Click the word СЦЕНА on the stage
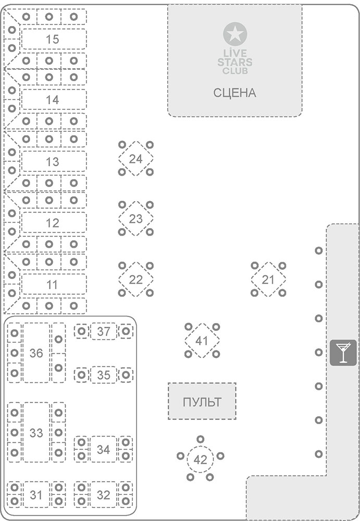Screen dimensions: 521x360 click(x=234, y=93)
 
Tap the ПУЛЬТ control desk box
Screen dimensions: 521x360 click(x=202, y=402)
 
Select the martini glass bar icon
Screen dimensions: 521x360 click(x=343, y=352)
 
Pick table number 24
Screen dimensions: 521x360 click(x=135, y=159)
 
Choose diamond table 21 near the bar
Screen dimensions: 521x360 click(x=268, y=280)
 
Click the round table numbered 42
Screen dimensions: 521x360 click(x=200, y=460)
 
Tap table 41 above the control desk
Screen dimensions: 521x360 click(x=202, y=341)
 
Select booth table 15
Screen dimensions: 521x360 click(x=53, y=39)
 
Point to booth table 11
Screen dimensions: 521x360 click(x=53, y=285)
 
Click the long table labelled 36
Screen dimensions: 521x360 click(x=36, y=353)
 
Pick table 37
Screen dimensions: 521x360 click(x=104, y=331)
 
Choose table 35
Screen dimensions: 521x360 click(x=104, y=375)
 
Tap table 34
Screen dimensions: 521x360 click(x=104, y=449)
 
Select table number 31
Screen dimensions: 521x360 click(x=36, y=494)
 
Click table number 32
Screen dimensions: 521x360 click(x=104, y=494)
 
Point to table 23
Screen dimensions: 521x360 click(x=135, y=219)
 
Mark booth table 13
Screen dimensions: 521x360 click(x=53, y=162)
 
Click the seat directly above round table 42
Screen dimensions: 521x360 click(x=200, y=439)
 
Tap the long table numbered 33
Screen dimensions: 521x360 click(x=36, y=432)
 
